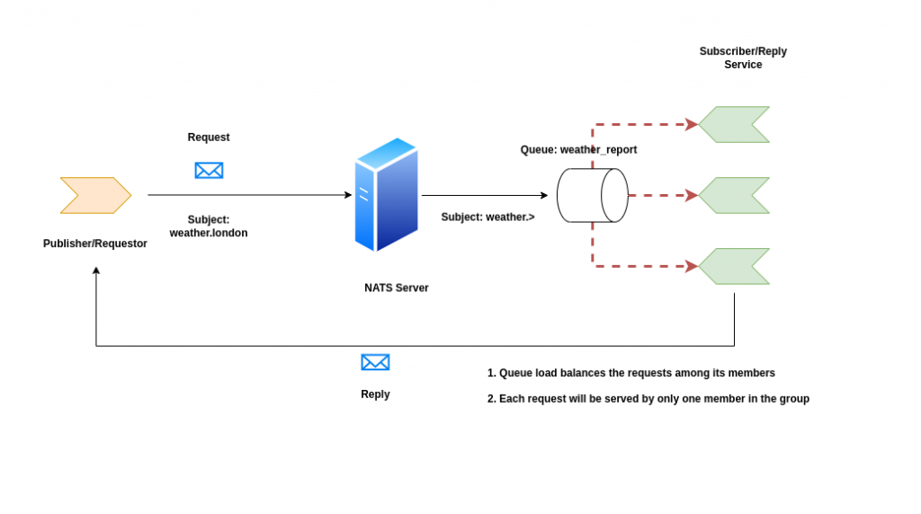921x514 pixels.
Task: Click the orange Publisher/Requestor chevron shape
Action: (x=95, y=195)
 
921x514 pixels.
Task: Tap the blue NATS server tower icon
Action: (x=387, y=195)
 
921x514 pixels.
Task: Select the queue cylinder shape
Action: (x=592, y=195)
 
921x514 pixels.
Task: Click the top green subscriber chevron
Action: (x=734, y=124)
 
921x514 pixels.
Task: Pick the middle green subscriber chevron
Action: (x=734, y=195)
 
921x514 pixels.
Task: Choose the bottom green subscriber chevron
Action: (x=734, y=266)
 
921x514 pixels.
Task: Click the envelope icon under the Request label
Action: (x=209, y=170)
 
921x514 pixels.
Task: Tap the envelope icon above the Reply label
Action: (x=375, y=362)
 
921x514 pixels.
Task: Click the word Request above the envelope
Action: (x=209, y=137)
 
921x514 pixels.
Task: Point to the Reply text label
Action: (x=375, y=394)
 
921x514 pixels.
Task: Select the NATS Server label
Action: (x=397, y=288)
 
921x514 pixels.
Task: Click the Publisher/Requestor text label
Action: (x=95, y=244)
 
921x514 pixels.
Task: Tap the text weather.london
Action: (x=209, y=233)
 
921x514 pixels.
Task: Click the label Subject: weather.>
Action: (x=488, y=217)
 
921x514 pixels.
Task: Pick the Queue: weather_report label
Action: (x=578, y=150)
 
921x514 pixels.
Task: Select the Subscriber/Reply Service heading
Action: (x=743, y=58)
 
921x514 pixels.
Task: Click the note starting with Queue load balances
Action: (x=631, y=373)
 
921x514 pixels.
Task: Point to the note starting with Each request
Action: (x=648, y=399)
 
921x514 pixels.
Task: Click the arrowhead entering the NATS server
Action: (x=348, y=195)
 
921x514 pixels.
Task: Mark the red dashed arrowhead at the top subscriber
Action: (x=692, y=124)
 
